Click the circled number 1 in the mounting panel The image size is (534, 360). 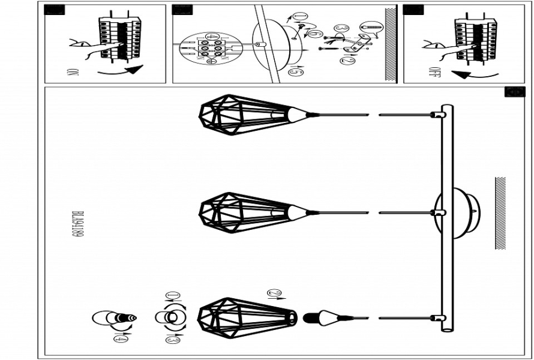(301, 17)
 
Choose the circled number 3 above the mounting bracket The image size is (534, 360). (341, 28)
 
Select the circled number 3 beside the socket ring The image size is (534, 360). (172, 338)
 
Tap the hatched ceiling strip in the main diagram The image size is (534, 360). (500, 212)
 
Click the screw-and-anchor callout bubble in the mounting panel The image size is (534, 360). (368, 27)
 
